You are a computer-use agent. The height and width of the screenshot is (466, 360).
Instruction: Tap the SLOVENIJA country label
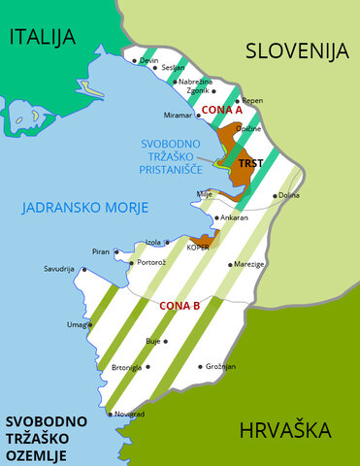click(x=296, y=51)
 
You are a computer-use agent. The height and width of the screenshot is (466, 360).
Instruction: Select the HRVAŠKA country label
click(x=283, y=430)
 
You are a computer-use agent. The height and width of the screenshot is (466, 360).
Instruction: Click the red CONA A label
click(x=222, y=111)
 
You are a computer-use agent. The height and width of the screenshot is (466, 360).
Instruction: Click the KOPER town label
click(x=198, y=248)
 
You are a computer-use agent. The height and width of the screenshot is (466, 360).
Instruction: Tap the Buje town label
click(x=152, y=342)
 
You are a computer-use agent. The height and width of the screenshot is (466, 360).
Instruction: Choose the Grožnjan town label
click(x=220, y=367)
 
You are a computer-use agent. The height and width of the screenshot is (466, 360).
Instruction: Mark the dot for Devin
click(x=135, y=60)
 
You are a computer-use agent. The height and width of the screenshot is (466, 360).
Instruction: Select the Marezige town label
click(x=248, y=263)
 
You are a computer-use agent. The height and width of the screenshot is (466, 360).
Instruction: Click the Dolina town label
click(x=289, y=195)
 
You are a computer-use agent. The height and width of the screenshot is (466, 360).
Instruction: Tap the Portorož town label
click(x=155, y=261)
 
